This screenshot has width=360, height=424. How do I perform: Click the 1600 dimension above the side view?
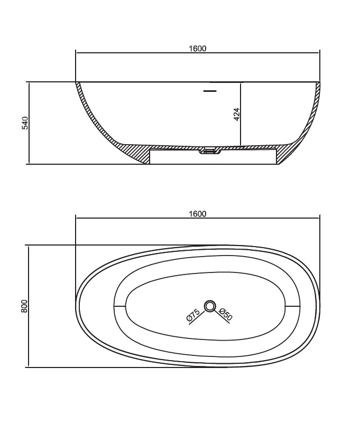tap(197, 49)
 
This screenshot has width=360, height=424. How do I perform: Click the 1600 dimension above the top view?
tap(197, 214)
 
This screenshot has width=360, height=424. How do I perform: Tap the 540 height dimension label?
tap(25, 123)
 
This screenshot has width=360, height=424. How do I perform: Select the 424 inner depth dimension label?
tap(236, 115)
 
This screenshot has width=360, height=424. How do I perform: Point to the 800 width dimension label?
tap(24, 306)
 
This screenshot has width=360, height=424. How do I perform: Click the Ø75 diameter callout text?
tap(193, 315)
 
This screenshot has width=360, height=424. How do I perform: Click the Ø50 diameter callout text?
tap(225, 314)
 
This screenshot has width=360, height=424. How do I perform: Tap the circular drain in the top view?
tap(209, 306)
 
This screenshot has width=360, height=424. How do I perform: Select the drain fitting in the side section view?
tap(210, 150)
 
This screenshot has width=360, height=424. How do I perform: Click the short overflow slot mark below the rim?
tap(210, 91)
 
